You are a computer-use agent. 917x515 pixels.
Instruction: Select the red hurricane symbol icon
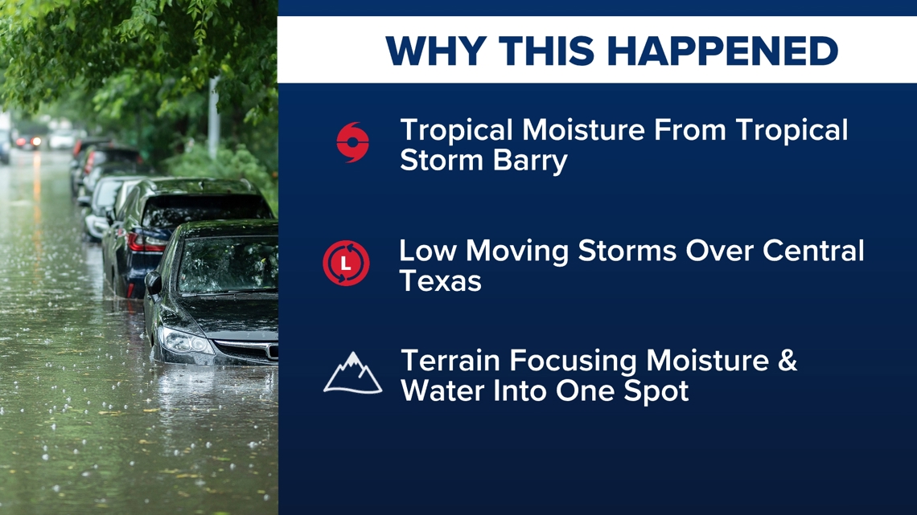click(352, 142)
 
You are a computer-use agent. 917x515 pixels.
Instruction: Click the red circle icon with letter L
click(346, 264)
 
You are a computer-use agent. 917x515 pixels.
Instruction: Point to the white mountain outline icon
click(352, 373)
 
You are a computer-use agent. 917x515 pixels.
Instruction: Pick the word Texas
click(440, 281)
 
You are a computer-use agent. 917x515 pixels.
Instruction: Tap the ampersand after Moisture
click(787, 360)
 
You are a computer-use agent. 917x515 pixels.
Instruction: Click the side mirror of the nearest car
click(153, 283)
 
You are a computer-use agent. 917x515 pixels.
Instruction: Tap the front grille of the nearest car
click(248, 350)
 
